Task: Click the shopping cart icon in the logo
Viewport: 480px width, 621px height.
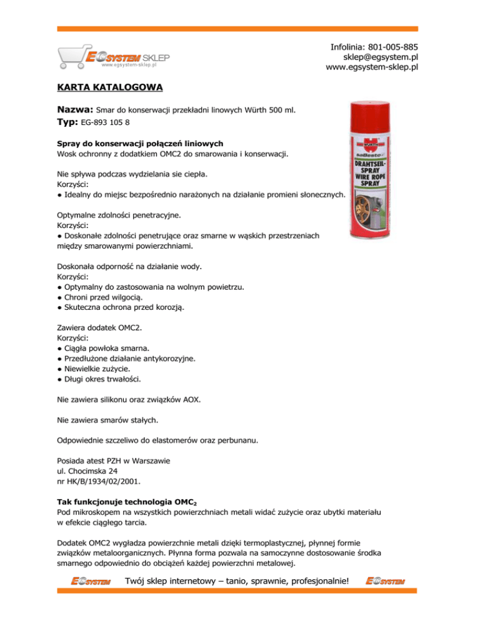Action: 72,57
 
